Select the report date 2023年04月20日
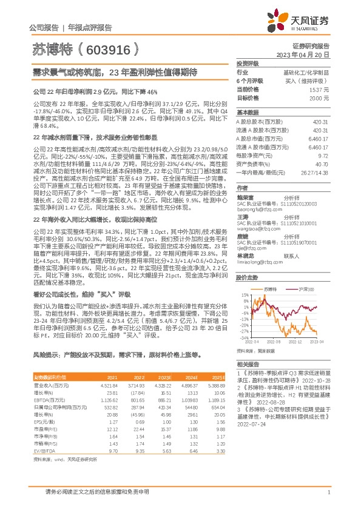303,55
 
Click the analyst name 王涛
243,217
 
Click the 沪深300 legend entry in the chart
303,290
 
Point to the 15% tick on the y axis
245,295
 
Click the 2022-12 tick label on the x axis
294,343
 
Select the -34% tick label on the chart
244,339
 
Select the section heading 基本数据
247,113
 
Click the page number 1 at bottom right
328,492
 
